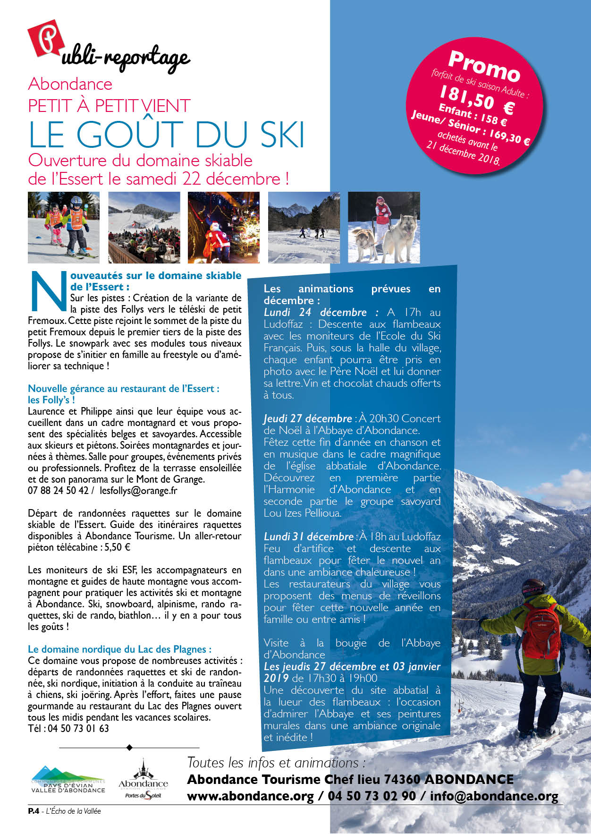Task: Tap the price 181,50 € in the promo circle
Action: [x=476, y=100]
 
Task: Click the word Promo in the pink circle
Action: [x=484, y=66]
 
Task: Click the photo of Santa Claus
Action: [x=223, y=228]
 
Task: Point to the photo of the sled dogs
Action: [x=384, y=228]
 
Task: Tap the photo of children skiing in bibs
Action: [x=64, y=228]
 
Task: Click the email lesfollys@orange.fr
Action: [x=138, y=491]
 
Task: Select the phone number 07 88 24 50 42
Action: [x=58, y=491]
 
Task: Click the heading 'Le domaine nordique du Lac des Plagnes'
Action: [x=119, y=649]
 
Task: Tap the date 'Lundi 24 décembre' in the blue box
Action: [x=315, y=313]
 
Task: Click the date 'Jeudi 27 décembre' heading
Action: [x=307, y=419]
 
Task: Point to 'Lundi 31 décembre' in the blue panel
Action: [x=308, y=537]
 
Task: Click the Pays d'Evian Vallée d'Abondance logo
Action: [x=68, y=780]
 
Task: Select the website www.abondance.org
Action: [x=250, y=796]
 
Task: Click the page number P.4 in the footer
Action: [x=33, y=811]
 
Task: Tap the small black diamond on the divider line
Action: [x=129, y=748]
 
